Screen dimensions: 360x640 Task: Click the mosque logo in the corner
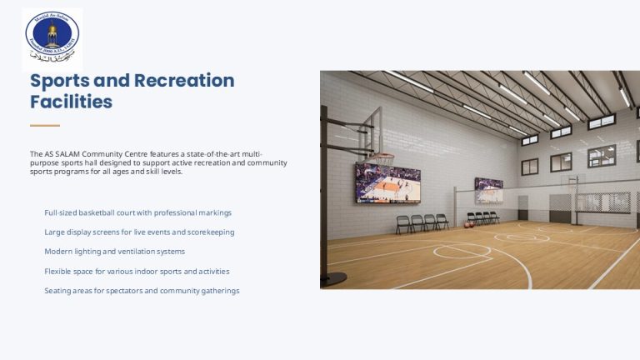coord(52,38)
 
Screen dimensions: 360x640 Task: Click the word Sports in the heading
coord(57,81)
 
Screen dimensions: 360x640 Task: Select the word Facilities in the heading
coord(71,102)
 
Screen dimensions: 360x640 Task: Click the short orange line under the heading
coord(45,126)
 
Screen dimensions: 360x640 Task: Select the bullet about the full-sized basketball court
coord(137,212)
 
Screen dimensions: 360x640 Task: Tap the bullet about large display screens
coord(139,232)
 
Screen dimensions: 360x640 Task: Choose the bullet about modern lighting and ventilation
coord(114,251)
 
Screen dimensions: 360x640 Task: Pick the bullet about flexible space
coord(137,271)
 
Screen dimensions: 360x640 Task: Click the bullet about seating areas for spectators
coord(142,290)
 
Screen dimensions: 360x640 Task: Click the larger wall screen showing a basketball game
coord(387,183)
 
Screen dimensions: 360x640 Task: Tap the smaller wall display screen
coord(488,191)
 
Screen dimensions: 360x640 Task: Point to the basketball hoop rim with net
coord(382,158)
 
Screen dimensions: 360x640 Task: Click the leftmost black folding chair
coord(403,223)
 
